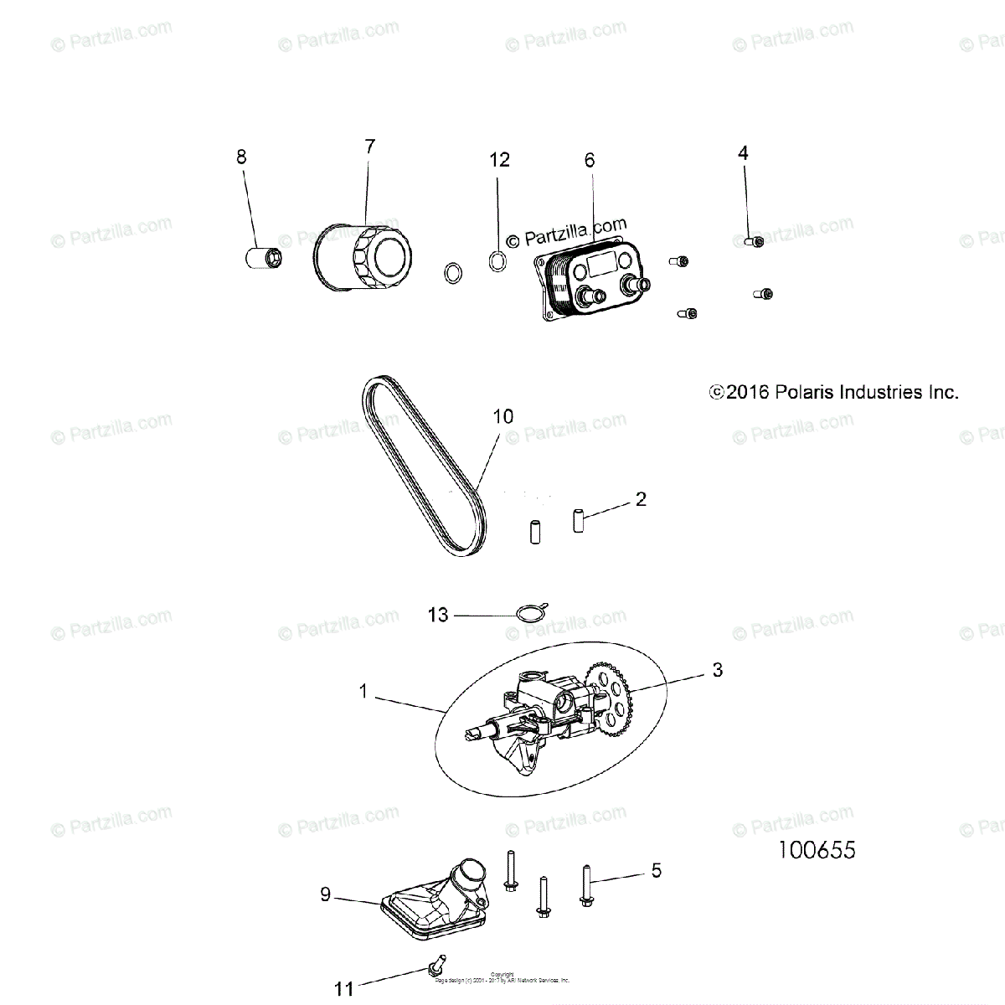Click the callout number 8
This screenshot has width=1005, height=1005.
pos(241,157)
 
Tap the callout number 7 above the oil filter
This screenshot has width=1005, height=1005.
pos(369,147)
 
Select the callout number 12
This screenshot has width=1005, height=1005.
pos(499,159)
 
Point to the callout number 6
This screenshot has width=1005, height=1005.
pos(590,159)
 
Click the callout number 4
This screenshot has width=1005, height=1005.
pos(743,152)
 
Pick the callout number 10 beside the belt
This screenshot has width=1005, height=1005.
pos(503,416)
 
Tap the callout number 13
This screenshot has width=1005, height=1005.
pos(438,616)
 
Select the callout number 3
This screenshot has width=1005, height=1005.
pos(717,670)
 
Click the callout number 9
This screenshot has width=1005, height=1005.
pos(326,894)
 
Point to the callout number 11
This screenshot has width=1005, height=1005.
pos(345,989)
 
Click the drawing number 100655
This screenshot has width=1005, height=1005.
pos(817,850)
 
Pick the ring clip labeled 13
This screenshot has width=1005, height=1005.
pos(528,613)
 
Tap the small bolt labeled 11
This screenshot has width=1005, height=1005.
pos(436,966)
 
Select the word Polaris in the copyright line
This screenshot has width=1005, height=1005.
pos(803,392)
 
